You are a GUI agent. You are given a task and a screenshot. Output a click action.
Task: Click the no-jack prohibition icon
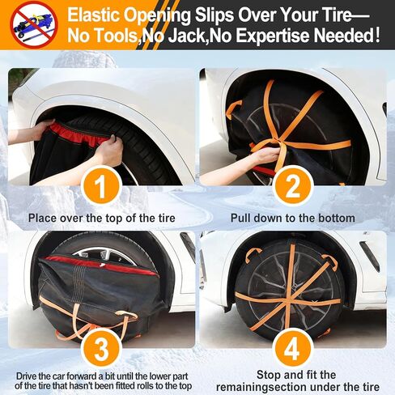click(x=34, y=25)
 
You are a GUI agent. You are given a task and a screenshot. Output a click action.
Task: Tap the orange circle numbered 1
click(x=101, y=186)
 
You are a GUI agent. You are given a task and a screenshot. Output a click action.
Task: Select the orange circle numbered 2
click(x=293, y=186)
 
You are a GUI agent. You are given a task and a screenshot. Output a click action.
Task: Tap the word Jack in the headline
click(x=187, y=36)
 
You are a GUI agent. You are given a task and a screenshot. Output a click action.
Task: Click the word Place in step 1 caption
click(x=43, y=218)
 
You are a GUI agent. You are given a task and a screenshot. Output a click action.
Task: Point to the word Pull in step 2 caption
click(x=240, y=218)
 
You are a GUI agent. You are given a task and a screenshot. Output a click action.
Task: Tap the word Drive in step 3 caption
click(x=27, y=376)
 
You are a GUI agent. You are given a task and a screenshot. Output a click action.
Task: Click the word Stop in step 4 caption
click(x=269, y=375)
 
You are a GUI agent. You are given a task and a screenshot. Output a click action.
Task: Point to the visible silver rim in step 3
click(x=104, y=255)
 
